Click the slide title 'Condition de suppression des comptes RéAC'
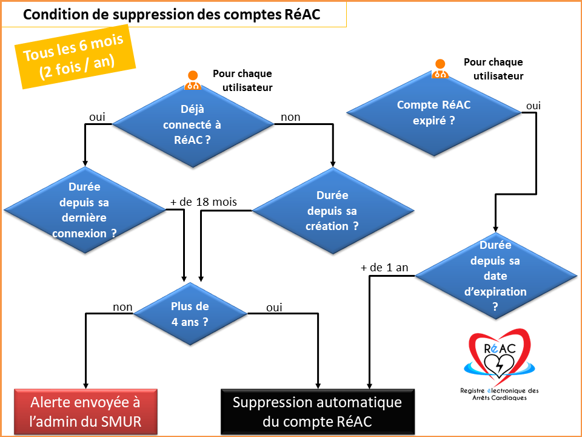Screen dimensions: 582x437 click(x=172, y=15)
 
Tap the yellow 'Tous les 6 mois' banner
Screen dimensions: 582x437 click(x=75, y=57)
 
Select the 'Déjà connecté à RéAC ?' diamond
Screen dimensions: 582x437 click(x=193, y=124)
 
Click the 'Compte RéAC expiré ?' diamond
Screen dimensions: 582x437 click(x=434, y=112)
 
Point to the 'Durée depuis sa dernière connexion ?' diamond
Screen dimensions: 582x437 click(x=85, y=210)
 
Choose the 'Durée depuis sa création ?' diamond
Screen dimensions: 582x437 click(x=333, y=211)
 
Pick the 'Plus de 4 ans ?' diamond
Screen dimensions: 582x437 click(x=190, y=314)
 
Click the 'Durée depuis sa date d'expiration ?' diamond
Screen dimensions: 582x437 click(x=495, y=276)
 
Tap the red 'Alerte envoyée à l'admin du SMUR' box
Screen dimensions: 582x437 click(x=85, y=412)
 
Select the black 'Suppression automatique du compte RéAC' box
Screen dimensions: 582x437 click(x=318, y=412)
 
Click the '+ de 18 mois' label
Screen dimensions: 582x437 click(x=204, y=202)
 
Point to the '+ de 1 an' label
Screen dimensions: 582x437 click(x=384, y=268)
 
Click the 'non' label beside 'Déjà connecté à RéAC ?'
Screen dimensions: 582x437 click(x=290, y=117)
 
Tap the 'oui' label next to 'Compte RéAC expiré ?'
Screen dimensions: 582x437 click(x=533, y=106)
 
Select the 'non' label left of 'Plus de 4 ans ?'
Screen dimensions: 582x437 click(x=122, y=307)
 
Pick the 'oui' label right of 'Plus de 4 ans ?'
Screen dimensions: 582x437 click(x=274, y=307)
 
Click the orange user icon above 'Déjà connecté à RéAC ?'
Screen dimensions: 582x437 click(x=193, y=80)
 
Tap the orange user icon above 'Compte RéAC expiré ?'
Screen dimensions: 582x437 click(x=440, y=69)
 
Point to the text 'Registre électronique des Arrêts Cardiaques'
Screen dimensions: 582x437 click(x=500, y=395)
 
